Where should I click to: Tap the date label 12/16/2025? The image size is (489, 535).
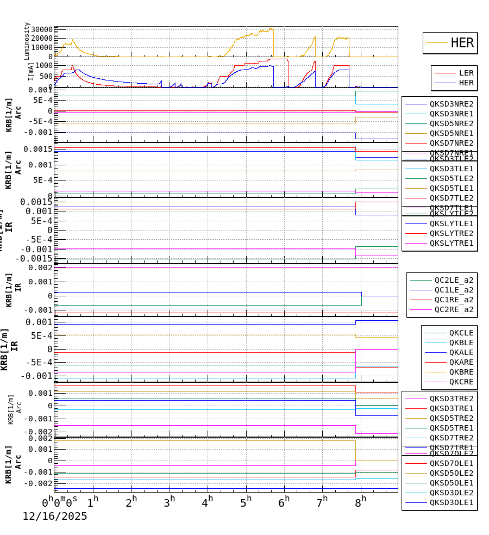tap(55, 517)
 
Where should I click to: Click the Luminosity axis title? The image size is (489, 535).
tap(27, 41)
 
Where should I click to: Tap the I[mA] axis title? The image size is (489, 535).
tap(31, 71)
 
